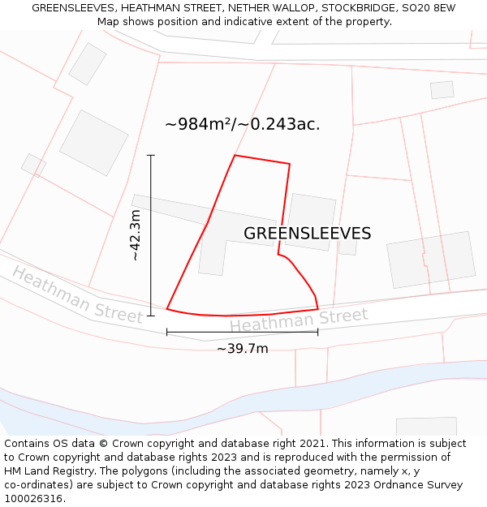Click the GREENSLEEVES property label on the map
coord(307,234)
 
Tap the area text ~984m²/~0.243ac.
coord(242,124)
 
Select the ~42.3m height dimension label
coord(136,235)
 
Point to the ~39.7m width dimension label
coord(242,349)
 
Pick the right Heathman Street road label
coord(298,320)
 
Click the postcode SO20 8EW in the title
coord(429,7)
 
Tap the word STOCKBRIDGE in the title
coord(356,7)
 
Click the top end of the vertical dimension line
coord(151,155)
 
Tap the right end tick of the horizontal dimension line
coord(318,331)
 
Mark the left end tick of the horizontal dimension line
coord(167,331)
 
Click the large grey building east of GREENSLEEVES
coord(431,260)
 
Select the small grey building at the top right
coord(442,90)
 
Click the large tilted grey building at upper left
coord(94,143)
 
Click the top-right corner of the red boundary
coord(290,164)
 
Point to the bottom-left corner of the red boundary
coord(167,308)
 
